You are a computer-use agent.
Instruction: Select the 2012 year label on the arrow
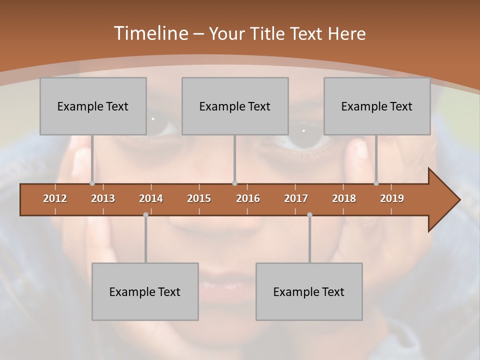point(55,198)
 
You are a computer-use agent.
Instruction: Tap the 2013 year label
point(103,198)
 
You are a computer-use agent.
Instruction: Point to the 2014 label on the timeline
point(151,198)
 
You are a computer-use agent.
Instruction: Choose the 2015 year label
point(199,198)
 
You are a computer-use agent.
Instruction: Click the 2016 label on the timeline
point(248,198)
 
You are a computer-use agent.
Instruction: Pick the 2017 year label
point(296,198)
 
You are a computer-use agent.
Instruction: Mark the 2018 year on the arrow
point(344,198)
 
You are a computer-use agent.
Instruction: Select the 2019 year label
point(392,198)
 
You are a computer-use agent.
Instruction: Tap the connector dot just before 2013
point(92,183)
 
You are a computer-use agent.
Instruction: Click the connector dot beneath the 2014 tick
point(145,215)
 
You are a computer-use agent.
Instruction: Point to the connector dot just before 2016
point(234,183)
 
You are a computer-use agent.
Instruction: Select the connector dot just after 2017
point(309,215)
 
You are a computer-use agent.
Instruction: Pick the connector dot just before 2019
point(376,183)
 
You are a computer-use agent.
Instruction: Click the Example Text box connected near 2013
point(93,106)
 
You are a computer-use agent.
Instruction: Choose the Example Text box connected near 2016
point(235,106)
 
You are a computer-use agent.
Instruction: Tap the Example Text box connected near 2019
point(377,106)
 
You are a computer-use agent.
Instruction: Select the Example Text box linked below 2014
point(145,291)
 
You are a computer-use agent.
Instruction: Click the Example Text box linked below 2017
point(309,291)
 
